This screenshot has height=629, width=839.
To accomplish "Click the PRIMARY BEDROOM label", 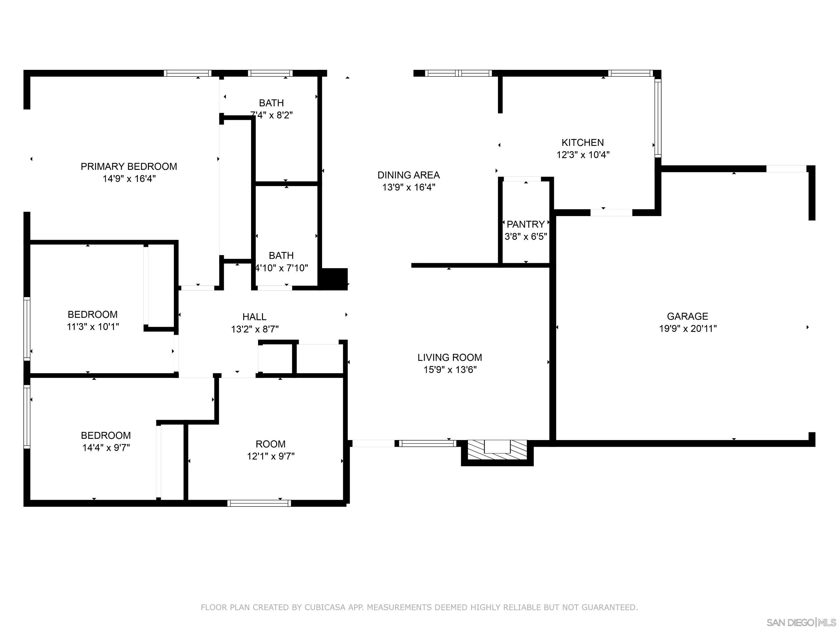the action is [129, 167].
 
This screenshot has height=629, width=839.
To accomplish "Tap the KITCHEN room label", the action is [583, 143].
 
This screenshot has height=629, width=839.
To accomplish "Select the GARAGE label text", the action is [687, 316].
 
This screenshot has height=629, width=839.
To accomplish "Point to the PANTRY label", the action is [526, 224].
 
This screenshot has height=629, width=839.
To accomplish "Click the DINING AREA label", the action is [408, 175].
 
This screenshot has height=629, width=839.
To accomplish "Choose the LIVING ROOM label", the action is [450, 358].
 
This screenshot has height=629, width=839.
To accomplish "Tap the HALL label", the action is [254, 317].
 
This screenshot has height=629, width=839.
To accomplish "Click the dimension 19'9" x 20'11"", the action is [688, 328].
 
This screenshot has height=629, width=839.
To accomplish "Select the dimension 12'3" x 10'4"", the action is [583, 155].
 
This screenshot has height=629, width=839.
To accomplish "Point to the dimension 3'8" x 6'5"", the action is [526, 237].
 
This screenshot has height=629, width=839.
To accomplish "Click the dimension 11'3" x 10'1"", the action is [93, 326].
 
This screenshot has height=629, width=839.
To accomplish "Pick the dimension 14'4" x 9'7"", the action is [106, 447].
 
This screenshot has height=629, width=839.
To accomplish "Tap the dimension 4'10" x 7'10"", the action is [281, 268].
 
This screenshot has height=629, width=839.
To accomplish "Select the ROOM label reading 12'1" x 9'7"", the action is [271, 444].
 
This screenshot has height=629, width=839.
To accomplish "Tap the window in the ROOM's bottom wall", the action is [259, 503].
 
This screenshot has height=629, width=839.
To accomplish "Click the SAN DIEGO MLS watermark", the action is [801, 622].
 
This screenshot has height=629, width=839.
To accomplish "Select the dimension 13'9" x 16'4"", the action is [408, 187].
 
